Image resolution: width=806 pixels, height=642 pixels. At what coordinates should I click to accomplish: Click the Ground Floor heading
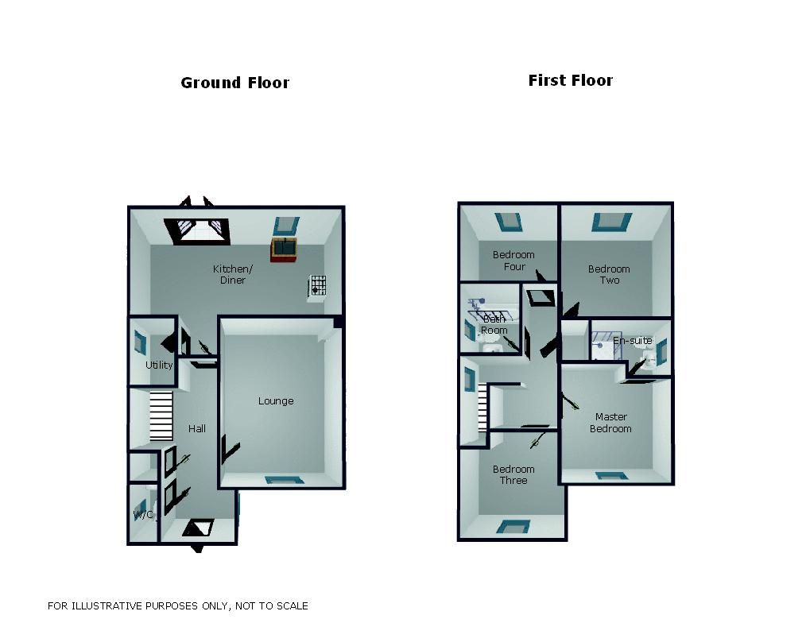(234, 83)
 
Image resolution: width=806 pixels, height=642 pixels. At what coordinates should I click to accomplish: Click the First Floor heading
(570, 80)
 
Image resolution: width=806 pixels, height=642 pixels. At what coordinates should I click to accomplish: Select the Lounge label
(276, 401)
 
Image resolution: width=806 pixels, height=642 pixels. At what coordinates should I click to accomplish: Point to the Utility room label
(159, 365)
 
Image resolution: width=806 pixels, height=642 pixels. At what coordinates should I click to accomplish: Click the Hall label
(197, 428)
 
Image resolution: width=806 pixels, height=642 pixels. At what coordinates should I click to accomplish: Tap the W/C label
(143, 515)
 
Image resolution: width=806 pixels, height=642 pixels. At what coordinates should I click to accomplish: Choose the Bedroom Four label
(513, 261)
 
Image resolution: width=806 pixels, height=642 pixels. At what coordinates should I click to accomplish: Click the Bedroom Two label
(609, 274)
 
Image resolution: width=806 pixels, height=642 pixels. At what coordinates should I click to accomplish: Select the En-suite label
(632, 341)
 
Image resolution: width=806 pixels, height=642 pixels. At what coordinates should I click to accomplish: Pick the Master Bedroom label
(610, 423)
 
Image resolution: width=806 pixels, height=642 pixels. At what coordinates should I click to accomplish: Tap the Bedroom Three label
(513, 474)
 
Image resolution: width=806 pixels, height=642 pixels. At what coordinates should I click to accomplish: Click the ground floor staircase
(161, 416)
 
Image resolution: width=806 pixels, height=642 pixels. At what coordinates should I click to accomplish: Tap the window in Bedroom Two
(611, 222)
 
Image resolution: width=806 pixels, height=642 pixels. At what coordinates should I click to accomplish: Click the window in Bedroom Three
(513, 525)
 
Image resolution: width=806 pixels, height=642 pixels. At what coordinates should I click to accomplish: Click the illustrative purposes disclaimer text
(178, 606)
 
